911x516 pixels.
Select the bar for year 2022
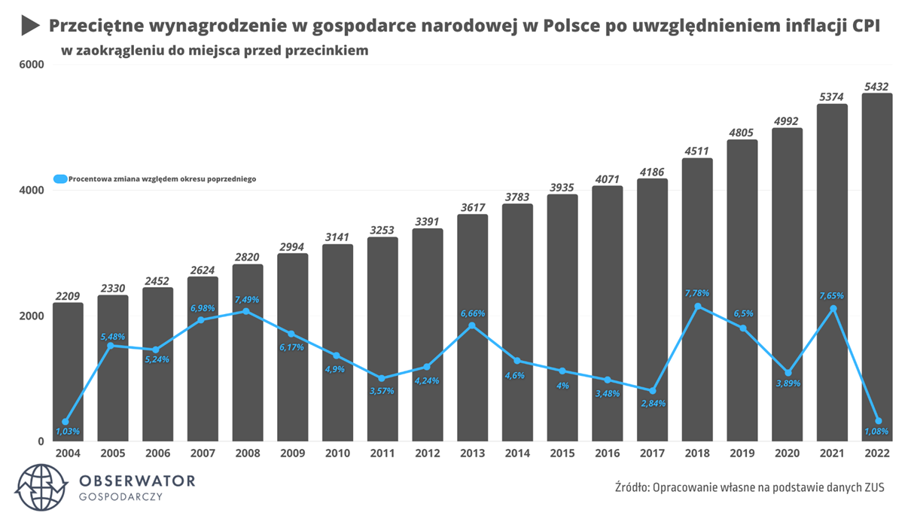coord(877,226)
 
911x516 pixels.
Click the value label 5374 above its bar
coord(832,96)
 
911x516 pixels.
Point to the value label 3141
coord(337,237)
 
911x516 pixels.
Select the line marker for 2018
coord(697,307)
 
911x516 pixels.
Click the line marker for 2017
coord(652,391)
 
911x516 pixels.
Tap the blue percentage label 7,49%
coord(246,300)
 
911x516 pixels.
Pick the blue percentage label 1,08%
coord(876,432)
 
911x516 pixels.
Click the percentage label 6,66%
coord(473,313)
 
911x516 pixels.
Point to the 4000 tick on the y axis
coord(31,191)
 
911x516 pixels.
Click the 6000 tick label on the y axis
coord(31,65)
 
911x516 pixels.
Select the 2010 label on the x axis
coord(337,453)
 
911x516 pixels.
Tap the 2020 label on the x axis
coord(788,453)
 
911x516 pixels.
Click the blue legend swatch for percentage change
coord(60,179)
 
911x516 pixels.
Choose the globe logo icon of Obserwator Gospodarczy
coord(41,487)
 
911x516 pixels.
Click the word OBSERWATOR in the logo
coord(136,481)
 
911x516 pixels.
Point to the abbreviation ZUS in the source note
coord(873,487)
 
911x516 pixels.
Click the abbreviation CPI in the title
coord(865,26)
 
